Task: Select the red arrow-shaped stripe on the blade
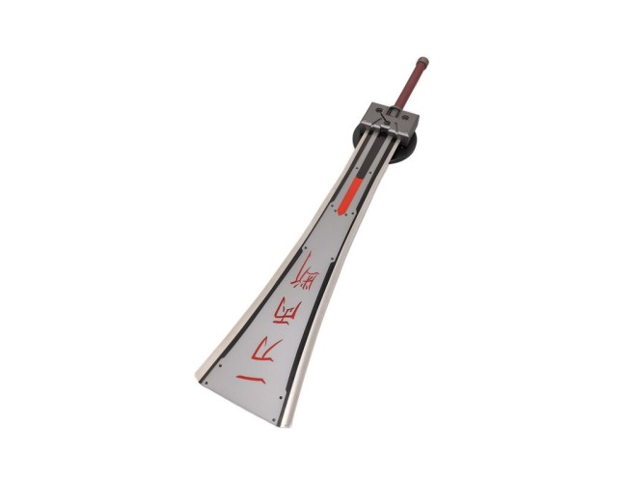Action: click(x=353, y=194)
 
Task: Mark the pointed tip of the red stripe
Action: click(x=343, y=213)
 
